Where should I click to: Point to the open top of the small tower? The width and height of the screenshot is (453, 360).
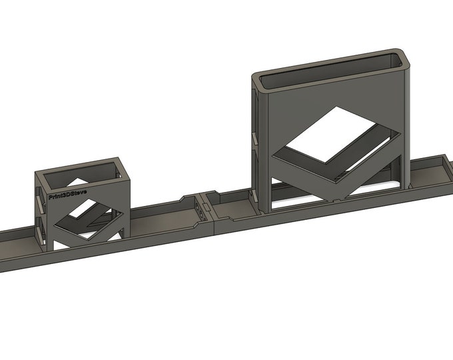click(81, 173)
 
